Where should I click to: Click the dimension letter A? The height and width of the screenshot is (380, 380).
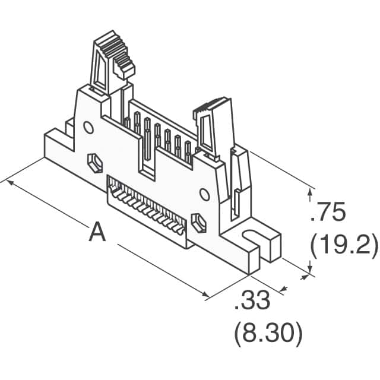point(97,232)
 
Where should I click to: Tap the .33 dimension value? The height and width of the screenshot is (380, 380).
point(252,300)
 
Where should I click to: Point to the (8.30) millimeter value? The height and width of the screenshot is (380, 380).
point(268,335)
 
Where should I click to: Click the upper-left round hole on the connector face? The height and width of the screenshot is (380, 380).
point(88,128)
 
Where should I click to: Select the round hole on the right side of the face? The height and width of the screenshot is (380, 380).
point(204,194)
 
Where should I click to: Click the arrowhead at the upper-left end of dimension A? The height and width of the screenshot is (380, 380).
point(10,182)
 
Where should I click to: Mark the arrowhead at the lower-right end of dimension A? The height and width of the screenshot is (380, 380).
point(205,294)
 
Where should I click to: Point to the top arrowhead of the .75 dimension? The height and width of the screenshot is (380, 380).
point(310,192)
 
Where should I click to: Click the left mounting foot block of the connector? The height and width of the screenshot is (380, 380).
point(59,145)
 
